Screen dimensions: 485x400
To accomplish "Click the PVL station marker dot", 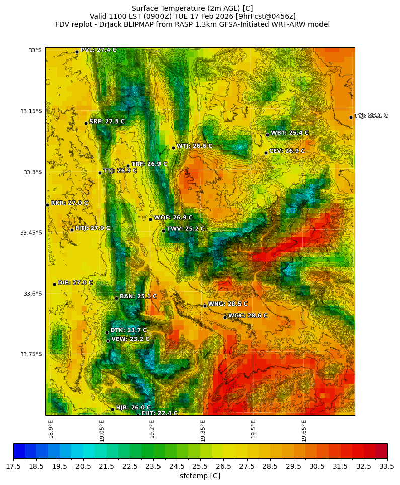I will click(77, 52).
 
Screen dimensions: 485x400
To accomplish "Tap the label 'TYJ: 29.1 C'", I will click(371, 116).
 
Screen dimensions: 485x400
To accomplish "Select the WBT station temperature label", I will click(289, 133).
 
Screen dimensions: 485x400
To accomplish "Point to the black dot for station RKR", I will click(47, 205).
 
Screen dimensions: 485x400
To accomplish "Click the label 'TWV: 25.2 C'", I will click(186, 229).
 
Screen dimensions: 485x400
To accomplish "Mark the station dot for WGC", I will click(225, 317).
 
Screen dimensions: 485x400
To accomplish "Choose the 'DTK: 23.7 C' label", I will click(129, 330).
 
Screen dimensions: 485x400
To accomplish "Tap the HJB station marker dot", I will click(112, 409).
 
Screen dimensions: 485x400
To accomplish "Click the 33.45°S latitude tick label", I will click(31, 233).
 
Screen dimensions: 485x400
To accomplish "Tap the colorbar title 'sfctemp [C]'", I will click(200, 476).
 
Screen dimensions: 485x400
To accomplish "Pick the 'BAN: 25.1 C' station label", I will click(138, 297).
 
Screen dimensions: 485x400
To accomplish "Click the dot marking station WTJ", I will click(173, 148).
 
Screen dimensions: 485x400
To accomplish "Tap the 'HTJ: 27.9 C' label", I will click(93, 228).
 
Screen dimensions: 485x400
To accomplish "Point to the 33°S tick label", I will click(35, 50).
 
